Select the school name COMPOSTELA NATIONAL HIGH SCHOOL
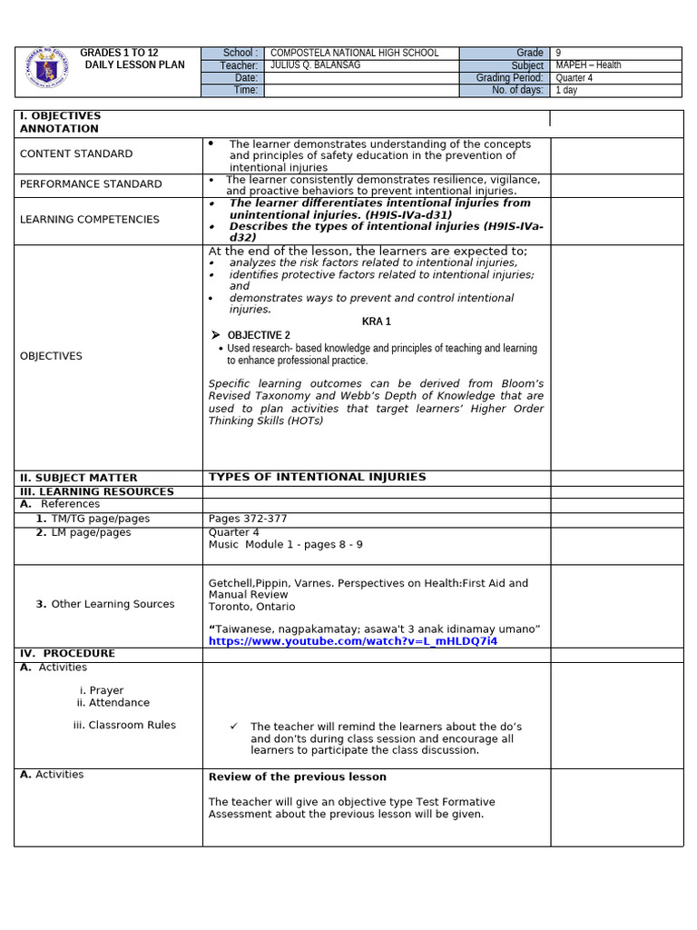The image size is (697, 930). (354, 54)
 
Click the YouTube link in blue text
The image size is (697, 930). (353, 641)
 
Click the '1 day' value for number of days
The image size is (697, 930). (565, 91)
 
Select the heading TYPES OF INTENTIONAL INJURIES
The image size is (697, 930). (317, 478)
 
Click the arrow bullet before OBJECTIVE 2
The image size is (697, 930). (216, 335)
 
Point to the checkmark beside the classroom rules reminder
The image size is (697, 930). (233, 727)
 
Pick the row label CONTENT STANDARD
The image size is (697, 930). (76, 154)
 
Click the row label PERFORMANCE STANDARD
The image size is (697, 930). (91, 184)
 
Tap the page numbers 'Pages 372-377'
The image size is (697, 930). (248, 519)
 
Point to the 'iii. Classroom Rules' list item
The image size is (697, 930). (124, 726)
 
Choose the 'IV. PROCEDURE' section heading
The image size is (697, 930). (67, 654)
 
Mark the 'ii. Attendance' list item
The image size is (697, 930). (113, 703)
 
